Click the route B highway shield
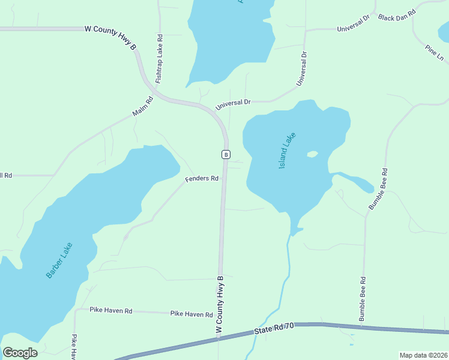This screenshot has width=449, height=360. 225,154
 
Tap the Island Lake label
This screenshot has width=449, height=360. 288,151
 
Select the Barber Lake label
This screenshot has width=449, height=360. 59,260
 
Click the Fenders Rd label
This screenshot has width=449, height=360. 201,179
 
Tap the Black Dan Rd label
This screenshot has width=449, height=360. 397,15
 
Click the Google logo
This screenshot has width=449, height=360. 20,353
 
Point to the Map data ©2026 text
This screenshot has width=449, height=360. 423,355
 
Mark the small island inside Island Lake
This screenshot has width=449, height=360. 312,154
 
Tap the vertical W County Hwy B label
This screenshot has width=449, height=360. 220,305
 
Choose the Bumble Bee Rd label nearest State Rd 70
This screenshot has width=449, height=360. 363,299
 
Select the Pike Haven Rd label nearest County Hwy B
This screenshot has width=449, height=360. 191,314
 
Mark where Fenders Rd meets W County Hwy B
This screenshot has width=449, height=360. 223,179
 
